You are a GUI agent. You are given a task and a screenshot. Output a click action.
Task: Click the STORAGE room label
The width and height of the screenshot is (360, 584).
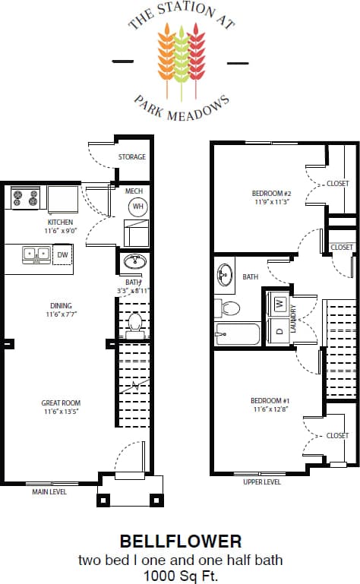pos(131,157)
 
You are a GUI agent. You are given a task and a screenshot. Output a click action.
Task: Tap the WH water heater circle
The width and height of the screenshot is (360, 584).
pos(138,206)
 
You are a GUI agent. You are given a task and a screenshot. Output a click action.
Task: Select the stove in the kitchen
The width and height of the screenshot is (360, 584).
pos(25,199)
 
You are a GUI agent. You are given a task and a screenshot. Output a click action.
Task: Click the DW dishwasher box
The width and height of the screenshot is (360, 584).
pos(63,254)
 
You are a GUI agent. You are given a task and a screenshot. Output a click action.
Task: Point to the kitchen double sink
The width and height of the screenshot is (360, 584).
pos(36,254)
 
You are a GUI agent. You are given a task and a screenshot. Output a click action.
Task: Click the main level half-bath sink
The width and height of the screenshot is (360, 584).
pos(134,262)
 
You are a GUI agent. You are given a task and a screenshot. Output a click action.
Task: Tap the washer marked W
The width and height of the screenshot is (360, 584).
pos(279,304)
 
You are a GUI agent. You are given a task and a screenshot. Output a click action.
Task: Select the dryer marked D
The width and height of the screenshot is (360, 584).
pos(279,330)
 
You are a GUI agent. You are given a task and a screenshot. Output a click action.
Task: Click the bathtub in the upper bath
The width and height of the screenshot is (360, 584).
pos(238,333)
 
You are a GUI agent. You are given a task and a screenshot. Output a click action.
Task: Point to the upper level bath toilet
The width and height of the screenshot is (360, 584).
pos(230,308)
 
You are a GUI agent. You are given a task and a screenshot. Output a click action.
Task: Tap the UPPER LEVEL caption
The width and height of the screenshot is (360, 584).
pos(262,481)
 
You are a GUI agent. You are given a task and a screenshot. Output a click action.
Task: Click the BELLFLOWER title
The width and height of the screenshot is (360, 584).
pos(180,541)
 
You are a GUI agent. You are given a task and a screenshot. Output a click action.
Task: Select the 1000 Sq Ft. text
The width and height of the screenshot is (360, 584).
pos(180,575)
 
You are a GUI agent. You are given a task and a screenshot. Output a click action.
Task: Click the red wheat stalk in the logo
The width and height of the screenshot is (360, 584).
pos(196,53)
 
